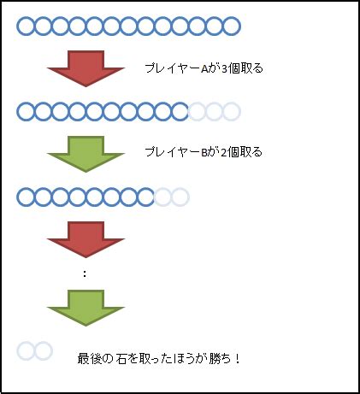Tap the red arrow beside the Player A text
86,68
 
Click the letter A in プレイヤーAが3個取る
204,69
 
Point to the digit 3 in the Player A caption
224,69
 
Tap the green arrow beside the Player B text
86,154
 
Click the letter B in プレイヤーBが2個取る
204,153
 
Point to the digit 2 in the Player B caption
224,153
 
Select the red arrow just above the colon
86,239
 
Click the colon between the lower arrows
85,273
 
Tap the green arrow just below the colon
86,308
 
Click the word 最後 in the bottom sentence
88,358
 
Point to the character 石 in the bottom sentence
121,358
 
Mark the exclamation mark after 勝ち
238,358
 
